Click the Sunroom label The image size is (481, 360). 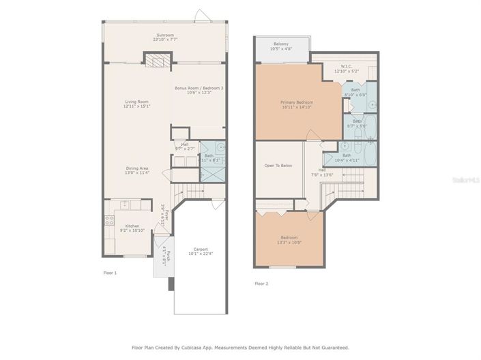coord(164,37)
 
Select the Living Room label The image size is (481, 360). coord(136,104)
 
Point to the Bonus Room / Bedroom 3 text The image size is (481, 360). coord(199,90)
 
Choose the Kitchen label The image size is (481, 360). coord(132,228)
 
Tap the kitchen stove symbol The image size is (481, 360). coord(108,220)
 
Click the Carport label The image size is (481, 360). coord(200,252)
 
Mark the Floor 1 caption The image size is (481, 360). coord(110,273)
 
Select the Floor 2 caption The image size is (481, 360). coord(261,283)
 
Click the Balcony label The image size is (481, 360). coord(281,46)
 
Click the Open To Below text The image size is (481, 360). coord(278,165)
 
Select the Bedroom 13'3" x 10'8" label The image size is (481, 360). coord(289,239)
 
